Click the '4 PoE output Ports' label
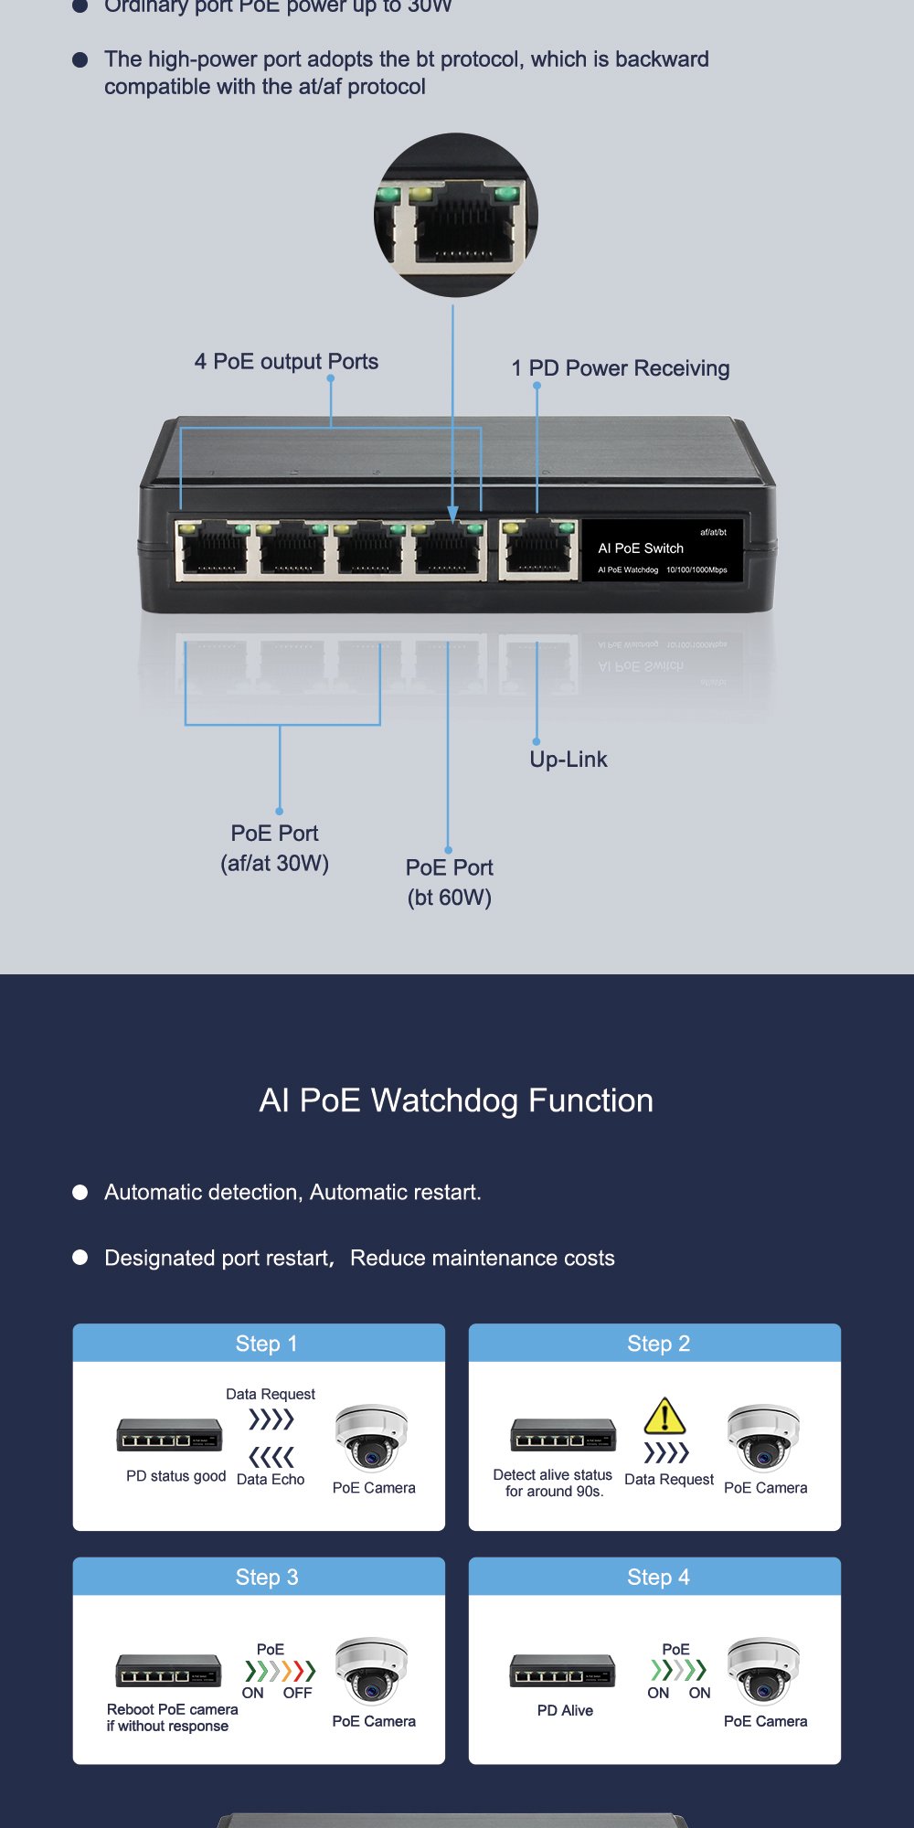pos(286,362)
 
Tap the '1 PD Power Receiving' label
pos(620,368)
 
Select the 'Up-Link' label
pos(569,760)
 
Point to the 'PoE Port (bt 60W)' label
pos(450,882)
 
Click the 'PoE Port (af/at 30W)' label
pos(274,848)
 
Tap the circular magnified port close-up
pos(455,215)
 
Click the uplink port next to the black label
pos(537,550)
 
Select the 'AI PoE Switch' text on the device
pos(641,548)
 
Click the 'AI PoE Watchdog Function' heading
pos(456,1100)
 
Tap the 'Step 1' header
pos(266,1344)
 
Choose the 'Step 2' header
pos(658,1344)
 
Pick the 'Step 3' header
pos(266,1577)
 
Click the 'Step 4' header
pos(658,1577)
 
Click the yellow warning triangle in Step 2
pos(664,1416)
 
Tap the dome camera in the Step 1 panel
pos(371,1437)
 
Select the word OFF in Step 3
pos(297,1693)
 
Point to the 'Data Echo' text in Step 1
pos(271,1480)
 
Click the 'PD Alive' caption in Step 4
pos(565,1710)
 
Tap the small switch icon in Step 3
pos(168,1671)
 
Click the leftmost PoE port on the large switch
pos(214,550)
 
